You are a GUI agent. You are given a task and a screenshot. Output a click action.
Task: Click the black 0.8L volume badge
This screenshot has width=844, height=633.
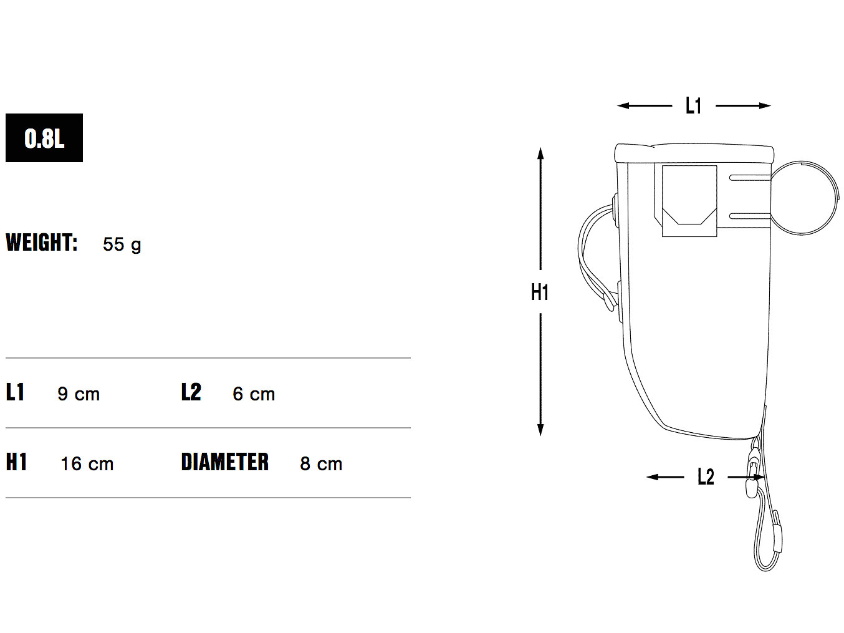(x=44, y=138)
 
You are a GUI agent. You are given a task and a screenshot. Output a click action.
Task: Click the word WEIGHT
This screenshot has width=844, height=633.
(x=42, y=243)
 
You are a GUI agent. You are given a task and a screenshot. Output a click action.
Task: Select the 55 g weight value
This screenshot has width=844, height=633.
(x=122, y=244)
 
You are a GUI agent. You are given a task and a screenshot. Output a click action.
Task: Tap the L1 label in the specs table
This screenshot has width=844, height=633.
(x=15, y=392)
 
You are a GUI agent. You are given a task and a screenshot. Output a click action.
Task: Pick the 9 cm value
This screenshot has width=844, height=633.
(x=79, y=394)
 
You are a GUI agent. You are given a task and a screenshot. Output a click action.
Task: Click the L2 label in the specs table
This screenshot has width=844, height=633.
(x=191, y=392)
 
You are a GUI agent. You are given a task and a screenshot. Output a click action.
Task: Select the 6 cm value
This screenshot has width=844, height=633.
(x=254, y=394)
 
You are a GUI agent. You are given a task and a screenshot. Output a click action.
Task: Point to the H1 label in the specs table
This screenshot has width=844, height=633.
(x=16, y=462)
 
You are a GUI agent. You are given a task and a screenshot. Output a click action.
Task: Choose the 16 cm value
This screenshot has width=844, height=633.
(x=87, y=464)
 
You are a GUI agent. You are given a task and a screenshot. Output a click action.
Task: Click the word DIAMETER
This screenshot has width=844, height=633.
(x=225, y=462)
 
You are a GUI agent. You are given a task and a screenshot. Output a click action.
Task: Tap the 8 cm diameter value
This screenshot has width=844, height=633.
(x=321, y=464)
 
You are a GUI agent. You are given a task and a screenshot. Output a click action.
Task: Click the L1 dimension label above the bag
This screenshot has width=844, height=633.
(x=693, y=106)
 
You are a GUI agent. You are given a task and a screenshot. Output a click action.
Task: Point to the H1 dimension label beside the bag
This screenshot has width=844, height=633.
(x=540, y=292)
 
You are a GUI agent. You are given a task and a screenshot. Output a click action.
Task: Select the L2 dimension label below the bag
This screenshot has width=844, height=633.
(x=706, y=477)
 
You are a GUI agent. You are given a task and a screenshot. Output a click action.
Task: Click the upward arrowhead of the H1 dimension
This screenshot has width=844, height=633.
(x=540, y=153)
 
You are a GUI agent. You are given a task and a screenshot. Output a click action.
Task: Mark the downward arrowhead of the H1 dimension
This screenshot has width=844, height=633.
(x=540, y=430)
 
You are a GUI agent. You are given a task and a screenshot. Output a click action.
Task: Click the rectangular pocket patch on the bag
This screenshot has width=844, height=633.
(x=689, y=201)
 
